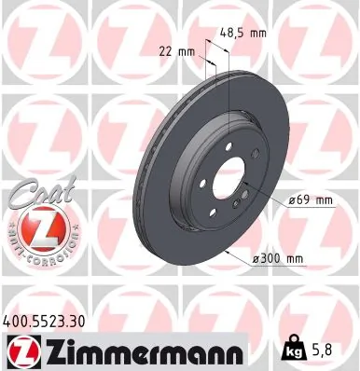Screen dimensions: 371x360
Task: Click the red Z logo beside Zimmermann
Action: coord(19,351)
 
